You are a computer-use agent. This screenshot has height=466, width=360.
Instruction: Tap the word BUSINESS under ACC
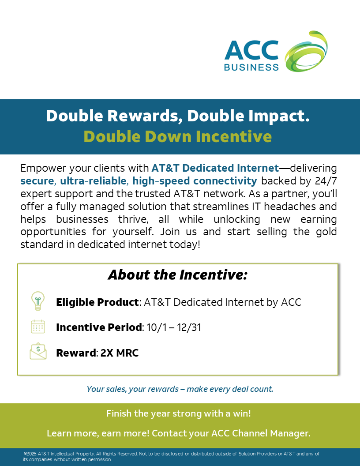(251, 67)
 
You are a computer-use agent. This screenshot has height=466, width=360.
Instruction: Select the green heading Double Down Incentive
(178, 136)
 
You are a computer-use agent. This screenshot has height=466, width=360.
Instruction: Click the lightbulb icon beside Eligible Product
(38, 301)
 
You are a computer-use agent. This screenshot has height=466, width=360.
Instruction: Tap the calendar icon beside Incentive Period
(38, 327)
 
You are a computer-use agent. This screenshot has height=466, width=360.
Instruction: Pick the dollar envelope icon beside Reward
(38, 351)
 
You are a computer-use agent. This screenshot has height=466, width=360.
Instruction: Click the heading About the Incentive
(178, 274)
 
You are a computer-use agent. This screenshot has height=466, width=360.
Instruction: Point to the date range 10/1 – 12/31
(174, 327)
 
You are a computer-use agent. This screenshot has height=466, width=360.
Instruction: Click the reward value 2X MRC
(120, 353)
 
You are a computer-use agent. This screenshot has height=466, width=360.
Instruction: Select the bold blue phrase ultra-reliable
(93, 180)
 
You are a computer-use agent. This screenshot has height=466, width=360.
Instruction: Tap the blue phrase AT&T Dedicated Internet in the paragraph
(215, 168)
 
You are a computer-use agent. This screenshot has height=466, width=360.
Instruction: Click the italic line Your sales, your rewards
(180, 389)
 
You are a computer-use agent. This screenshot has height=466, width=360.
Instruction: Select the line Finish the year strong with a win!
(179, 413)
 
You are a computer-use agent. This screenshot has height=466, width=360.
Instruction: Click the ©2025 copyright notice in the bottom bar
(171, 456)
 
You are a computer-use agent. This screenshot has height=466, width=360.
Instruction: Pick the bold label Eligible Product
(97, 302)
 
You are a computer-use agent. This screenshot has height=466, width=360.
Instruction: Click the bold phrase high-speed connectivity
(195, 180)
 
